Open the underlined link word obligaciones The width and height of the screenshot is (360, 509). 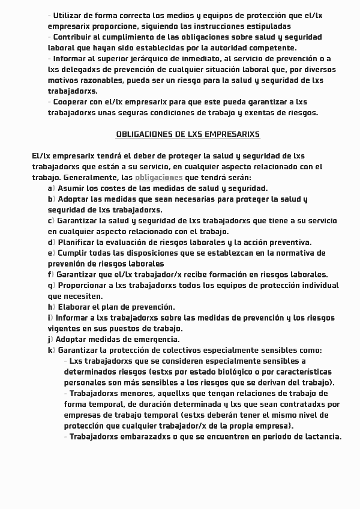click(x=158, y=178)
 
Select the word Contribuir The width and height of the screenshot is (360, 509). click(x=74, y=37)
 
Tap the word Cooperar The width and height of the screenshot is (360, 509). click(x=73, y=102)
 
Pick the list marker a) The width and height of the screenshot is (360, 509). click(x=51, y=188)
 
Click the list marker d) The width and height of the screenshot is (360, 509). click(x=51, y=242)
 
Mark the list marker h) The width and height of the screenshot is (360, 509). click(x=51, y=307)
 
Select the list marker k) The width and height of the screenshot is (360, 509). click(x=51, y=351)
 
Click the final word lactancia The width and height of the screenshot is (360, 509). click(x=321, y=437)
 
